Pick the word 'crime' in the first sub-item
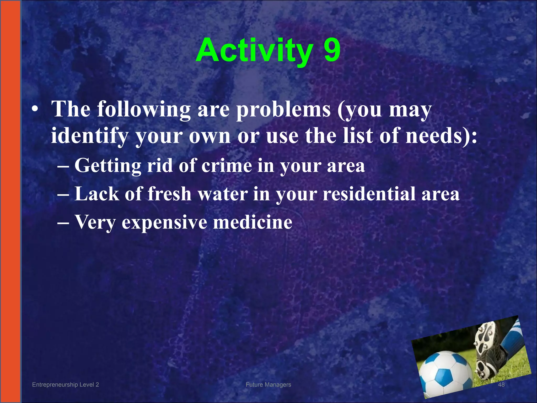point(227,166)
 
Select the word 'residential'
point(369,194)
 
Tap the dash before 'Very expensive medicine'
point(63,222)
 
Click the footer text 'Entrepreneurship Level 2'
point(65,385)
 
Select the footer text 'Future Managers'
point(268,385)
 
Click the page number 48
point(501,385)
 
